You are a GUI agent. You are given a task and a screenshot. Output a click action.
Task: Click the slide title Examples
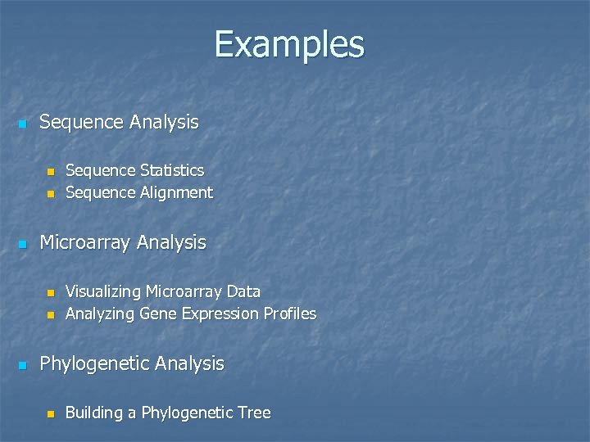tap(289, 44)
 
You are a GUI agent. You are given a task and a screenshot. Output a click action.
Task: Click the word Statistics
tap(172, 170)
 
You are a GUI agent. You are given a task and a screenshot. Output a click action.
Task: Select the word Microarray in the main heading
tap(86, 242)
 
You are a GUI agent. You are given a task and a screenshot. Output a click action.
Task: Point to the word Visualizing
tap(103, 291)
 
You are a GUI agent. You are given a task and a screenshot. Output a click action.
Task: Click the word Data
tap(244, 291)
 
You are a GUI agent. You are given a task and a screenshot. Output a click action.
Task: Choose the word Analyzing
tap(100, 313)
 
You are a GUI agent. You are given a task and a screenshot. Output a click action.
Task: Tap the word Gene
tap(156, 313)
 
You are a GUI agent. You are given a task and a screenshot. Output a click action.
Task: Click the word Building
tap(93, 413)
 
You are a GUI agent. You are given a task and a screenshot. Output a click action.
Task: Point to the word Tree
tap(253, 413)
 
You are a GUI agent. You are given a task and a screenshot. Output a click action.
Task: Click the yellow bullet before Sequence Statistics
tap(50, 172)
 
